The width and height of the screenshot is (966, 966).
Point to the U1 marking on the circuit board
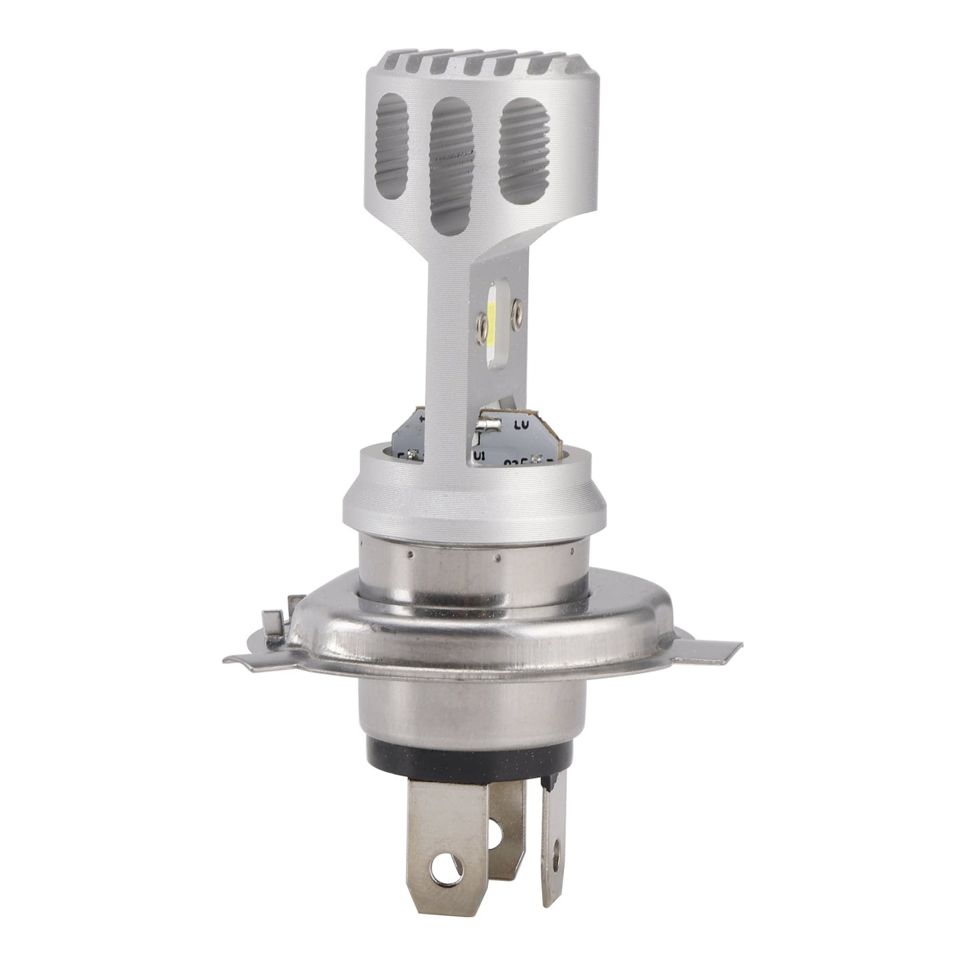coord(479,455)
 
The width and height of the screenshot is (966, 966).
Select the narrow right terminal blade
coord(554,829)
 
